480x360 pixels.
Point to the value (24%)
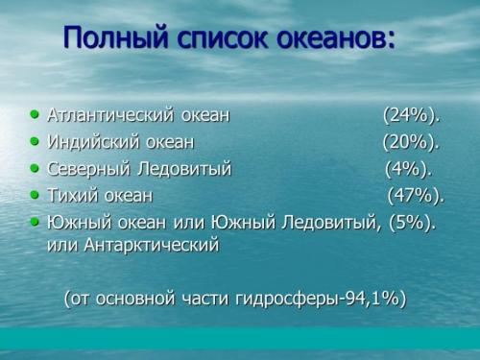[x=411, y=116]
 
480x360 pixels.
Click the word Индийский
[x=92, y=143]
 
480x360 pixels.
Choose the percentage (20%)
[x=410, y=143]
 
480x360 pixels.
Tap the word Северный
[x=89, y=170]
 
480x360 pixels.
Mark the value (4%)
[x=408, y=170]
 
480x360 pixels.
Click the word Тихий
[x=71, y=196]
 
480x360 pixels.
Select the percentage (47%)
[x=416, y=196]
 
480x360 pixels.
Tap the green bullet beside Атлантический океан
[x=36, y=115]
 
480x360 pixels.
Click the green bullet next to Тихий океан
[x=36, y=195]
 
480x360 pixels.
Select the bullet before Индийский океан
[x=36, y=142]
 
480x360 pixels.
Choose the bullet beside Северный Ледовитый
[x=36, y=169]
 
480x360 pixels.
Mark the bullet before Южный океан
[x=36, y=222]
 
